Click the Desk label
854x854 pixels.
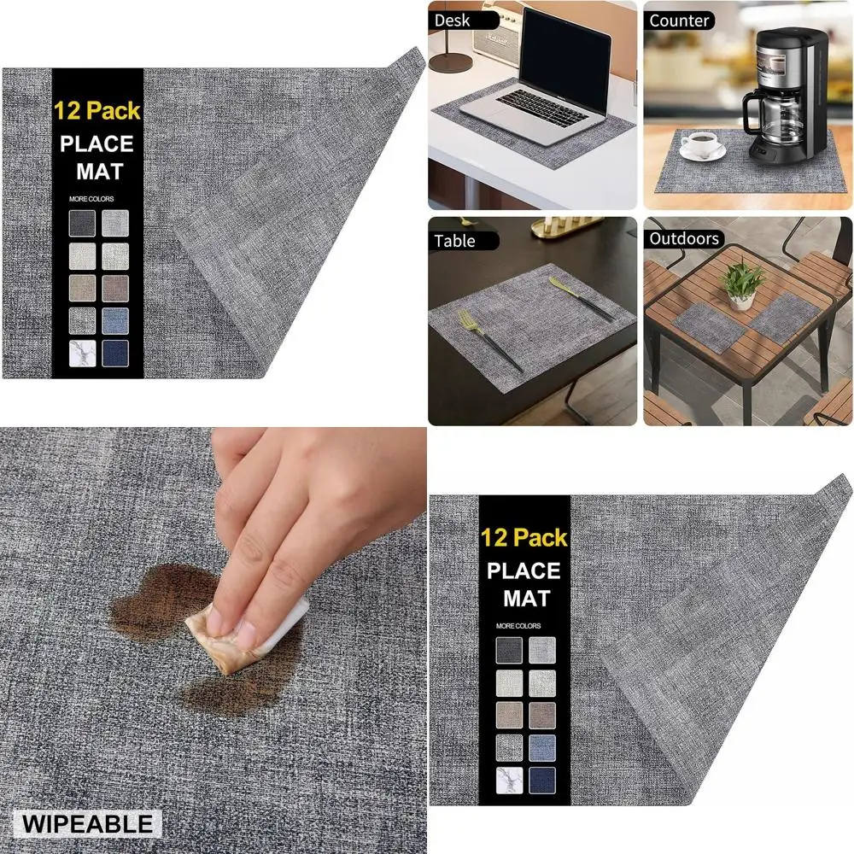pos(453,20)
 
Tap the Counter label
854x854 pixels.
pos(680,20)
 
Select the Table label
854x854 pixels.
pos(454,241)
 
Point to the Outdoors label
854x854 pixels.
pos(684,239)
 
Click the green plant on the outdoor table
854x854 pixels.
pos(743,278)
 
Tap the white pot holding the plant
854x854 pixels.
pos(741,299)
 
